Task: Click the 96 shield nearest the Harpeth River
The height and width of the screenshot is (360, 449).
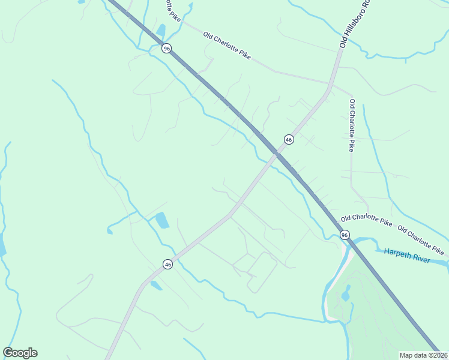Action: click(344, 235)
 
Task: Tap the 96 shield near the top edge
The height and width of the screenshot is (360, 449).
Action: click(167, 48)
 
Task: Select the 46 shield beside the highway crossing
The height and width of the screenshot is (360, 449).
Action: click(289, 139)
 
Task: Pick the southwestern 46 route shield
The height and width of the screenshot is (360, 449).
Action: click(167, 264)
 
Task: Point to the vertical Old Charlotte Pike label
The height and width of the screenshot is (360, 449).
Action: click(352, 125)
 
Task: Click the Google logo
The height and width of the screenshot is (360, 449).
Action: click(20, 353)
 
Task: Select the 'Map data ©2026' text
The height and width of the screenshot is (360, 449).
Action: click(423, 355)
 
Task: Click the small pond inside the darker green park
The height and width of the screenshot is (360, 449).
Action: click(346, 293)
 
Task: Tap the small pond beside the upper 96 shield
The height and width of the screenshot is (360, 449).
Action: click(160, 30)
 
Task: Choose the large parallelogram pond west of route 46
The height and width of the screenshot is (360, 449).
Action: click(162, 221)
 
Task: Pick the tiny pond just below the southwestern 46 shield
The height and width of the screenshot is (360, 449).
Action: click(156, 286)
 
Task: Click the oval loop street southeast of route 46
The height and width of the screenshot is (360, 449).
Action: click(262, 272)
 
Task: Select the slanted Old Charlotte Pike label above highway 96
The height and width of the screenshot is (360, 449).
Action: click(226, 46)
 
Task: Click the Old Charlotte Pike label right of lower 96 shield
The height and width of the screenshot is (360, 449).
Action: click(366, 222)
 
